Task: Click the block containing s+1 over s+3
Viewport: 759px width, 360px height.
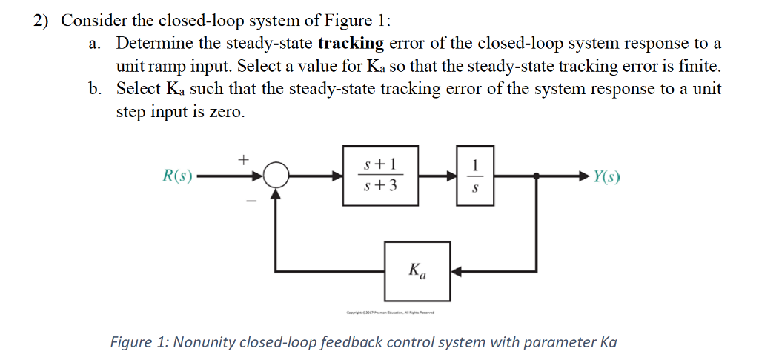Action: point(381,176)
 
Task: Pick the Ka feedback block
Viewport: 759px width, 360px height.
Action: point(417,270)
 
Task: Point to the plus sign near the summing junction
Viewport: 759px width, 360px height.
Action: point(242,158)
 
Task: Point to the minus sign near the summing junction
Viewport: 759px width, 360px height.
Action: point(251,200)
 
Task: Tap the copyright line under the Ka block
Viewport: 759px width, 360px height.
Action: point(390,313)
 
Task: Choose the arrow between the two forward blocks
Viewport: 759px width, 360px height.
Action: point(438,176)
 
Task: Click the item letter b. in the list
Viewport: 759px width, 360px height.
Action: point(94,89)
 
